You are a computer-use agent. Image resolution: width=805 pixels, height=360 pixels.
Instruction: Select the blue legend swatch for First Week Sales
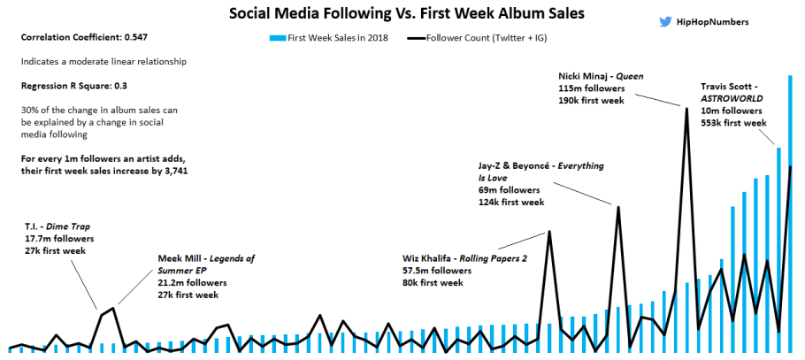pyautogui.click(x=278, y=39)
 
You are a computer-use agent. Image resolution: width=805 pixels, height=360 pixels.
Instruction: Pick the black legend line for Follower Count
pyautogui.click(x=414, y=39)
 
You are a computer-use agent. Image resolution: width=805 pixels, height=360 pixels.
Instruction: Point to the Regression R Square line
pyautogui.click(x=74, y=86)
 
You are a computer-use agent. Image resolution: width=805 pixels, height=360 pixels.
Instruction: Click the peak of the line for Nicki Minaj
pyautogui.click(x=686, y=108)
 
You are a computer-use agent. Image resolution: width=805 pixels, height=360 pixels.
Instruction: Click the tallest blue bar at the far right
pyautogui.click(x=790, y=212)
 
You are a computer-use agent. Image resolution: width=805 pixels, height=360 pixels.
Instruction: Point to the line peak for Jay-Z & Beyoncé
pyautogui.click(x=618, y=207)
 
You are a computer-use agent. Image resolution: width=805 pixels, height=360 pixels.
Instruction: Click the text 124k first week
pyautogui.click(x=511, y=203)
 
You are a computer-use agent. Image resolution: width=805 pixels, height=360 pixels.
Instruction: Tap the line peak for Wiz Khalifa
pyautogui.click(x=549, y=232)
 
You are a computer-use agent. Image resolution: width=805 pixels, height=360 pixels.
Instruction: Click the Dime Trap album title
pyautogui.click(x=70, y=226)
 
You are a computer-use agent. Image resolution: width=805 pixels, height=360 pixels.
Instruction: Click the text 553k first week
pyautogui.click(x=733, y=123)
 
